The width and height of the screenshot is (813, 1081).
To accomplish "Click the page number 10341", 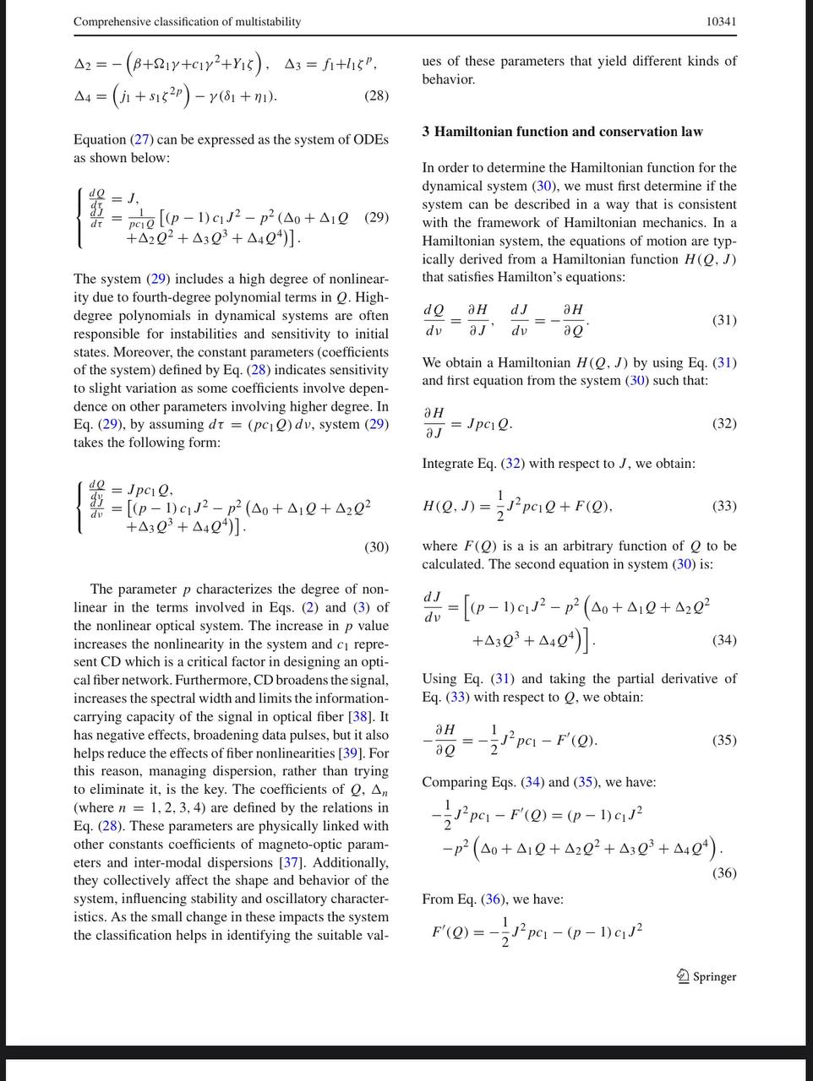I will (x=721, y=21).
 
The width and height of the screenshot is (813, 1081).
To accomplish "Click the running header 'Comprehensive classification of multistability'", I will (x=187, y=21).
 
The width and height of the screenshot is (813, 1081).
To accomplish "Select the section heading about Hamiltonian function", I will (x=562, y=132).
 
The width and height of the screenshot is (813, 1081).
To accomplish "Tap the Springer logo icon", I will (x=683, y=976).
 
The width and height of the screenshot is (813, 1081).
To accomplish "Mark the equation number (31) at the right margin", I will (x=724, y=320).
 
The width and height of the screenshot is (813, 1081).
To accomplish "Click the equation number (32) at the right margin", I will (x=724, y=423).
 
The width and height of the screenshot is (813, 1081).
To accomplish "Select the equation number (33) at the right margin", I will (x=724, y=506).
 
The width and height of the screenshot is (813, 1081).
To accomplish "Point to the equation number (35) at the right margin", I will (x=724, y=740).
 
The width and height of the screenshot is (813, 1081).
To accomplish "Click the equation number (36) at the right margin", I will (x=724, y=873).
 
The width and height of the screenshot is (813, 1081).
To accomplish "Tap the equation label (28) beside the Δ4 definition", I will (x=376, y=95).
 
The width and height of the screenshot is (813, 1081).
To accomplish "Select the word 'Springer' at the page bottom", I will (x=715, y=977).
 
